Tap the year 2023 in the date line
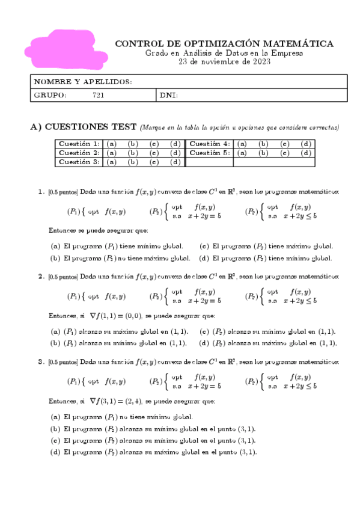(261, 61)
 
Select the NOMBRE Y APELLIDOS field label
(83, 82)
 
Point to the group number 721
(98, 95)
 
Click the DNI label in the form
(169, 95)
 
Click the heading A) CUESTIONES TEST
(84, 127)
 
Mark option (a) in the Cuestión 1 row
(111, 144)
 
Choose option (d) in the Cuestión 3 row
(175, 162)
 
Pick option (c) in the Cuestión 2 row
(154, 153)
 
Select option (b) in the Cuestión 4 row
(263, 144)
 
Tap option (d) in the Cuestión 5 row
(305, 153)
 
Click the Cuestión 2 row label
(79, 153)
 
